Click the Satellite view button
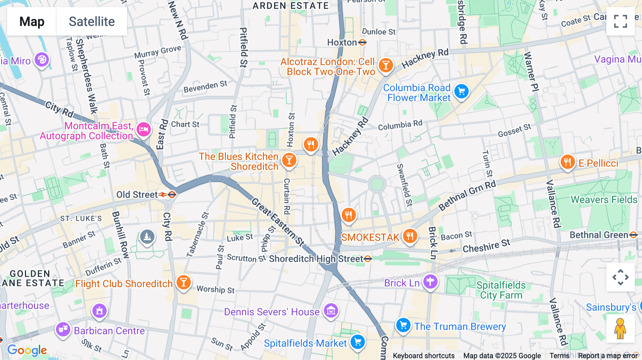point(92,21)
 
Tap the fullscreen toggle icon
point(620,21)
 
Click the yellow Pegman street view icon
point(620,329)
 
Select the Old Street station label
point(137,195)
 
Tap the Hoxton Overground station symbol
point(362,43)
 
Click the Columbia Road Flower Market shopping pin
point(462,92)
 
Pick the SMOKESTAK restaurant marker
point(410,236)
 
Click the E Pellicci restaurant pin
point(567,162)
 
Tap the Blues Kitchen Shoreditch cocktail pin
point(289,160)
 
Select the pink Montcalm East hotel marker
point(144,130)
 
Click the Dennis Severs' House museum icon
point(331,311)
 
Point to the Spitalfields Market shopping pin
point(358,342)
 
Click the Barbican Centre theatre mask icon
point(63,329)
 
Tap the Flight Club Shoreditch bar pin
point(184,283)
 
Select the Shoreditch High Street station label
point(316,259)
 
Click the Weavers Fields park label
point(604,200)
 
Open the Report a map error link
point(608,356)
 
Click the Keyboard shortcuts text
point(423,356)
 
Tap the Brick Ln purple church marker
point(430,282)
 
